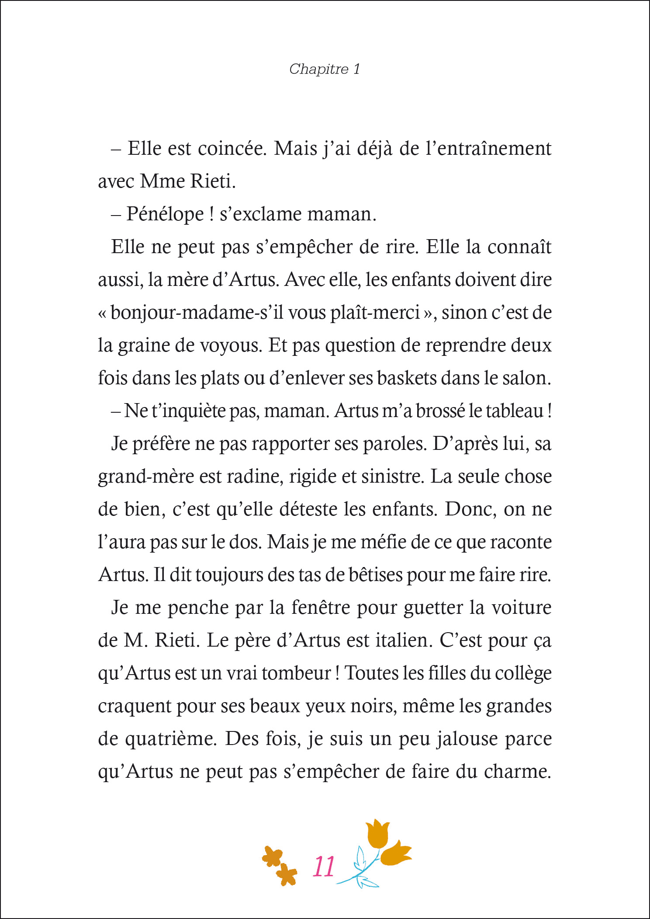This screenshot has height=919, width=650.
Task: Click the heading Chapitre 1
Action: point(325,69)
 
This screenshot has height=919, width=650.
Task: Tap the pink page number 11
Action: point(324,867)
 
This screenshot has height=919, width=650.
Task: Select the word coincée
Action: point(232,149)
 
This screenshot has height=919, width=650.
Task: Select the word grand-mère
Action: point(145,477)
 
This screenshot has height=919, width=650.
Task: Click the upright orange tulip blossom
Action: point(377,833)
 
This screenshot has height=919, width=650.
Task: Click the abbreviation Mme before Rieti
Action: point(162,181)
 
